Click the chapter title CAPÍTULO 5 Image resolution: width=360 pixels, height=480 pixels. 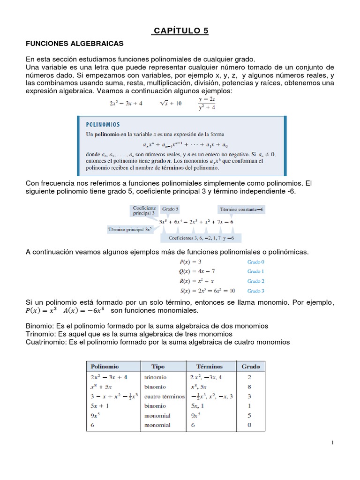tap(180, 31)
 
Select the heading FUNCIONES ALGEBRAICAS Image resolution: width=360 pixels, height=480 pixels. tap(74, 44)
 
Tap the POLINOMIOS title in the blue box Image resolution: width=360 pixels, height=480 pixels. tap(103, 125)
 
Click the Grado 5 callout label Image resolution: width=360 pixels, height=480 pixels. tap(170, 209)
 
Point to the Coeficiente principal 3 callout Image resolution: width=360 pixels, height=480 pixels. tap(144, 210)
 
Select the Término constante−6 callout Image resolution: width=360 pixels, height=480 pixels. tap(242, 209)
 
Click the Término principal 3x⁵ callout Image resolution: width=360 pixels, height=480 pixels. tap(129, 230)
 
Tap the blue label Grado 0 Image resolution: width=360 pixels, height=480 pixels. tap(256, 262)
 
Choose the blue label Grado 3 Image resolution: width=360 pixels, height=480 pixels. tap(256, 291)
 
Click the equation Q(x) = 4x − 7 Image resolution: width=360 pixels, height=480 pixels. tap(198, 271)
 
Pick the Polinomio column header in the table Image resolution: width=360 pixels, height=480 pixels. tap(105, 366)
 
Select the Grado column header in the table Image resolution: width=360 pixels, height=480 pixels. tap(250, 366)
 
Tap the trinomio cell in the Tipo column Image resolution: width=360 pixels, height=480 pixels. tap(156, 377)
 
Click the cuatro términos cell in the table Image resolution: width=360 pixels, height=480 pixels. tap(165, 396)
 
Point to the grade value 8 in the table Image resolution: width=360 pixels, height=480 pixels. tap(250, 387)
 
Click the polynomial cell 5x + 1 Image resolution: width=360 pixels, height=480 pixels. tap(100, 406)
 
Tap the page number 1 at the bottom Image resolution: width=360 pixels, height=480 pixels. tap(331, 443)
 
